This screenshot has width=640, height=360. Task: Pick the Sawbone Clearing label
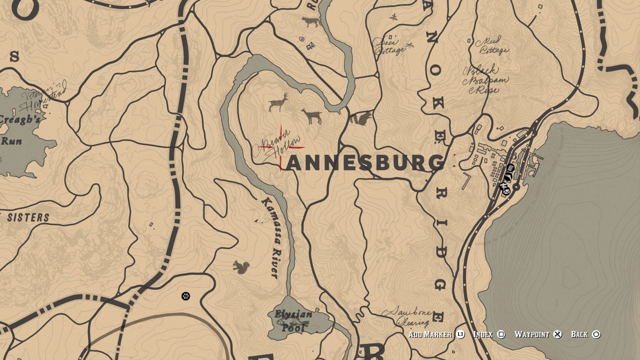click(409, 317)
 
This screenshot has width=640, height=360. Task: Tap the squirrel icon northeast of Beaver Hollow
click(360, 118)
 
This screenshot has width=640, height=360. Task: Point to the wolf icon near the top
click(311, 22)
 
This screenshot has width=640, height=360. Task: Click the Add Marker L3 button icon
click(460, 334)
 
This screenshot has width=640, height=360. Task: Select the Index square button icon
click(501, 334)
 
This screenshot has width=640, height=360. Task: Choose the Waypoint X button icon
click(557, 334)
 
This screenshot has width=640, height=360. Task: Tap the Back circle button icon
click(596, 334)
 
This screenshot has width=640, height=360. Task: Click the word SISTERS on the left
click(28, 217)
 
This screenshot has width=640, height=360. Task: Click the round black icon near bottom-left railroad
click(186, 296)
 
